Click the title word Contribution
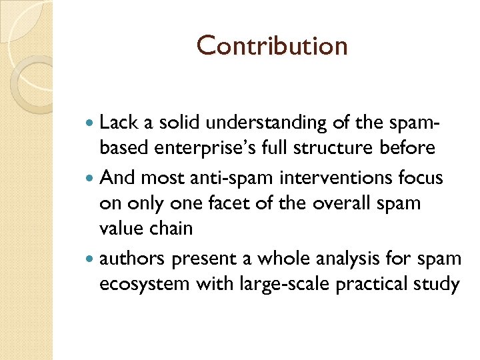point(272,46)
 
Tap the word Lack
point(117,122)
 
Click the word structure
point(351,148)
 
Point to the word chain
point(171,229)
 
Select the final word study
point(439,284)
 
